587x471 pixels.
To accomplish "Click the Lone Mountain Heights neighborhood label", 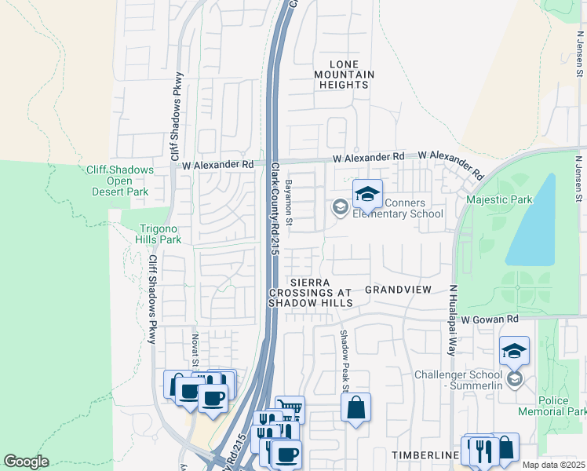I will tap(340, 74).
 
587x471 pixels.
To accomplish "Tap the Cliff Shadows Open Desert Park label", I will tap(117, 181).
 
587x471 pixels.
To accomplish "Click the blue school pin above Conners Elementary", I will tap(367, 194).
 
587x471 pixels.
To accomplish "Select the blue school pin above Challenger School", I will tap(514, 351).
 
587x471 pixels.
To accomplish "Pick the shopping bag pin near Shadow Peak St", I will tap(355, 408).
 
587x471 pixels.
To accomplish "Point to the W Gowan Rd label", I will tap(490, 319).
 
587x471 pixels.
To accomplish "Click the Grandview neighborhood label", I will tap(399, 290).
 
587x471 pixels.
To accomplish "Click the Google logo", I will tap(26, 462).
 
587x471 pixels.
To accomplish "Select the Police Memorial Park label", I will tap(553, 406).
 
